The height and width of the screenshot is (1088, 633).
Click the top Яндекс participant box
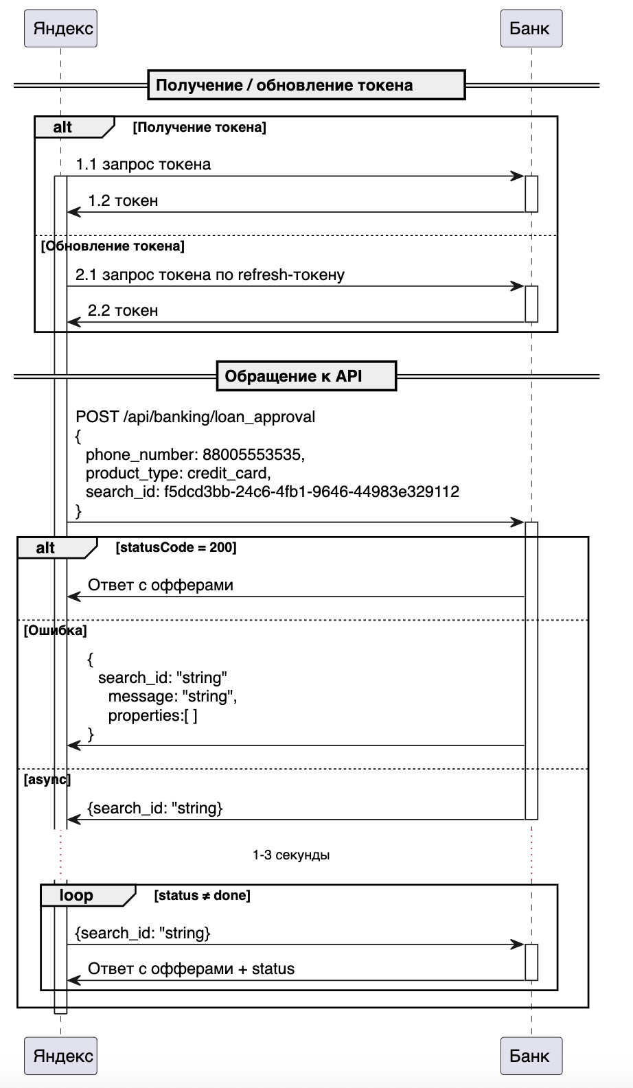click(x=60, y=28)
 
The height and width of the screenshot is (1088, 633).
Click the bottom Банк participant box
click(x=531, y=1055)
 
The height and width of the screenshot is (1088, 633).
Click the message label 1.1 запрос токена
click(x=143, y=165)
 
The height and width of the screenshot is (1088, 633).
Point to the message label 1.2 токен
click(x=123, y=200)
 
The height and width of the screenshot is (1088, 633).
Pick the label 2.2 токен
click(x=123, y=310)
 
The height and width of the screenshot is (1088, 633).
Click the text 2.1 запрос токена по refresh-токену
click(x=209, y=275)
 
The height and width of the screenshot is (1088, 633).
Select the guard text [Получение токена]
click(x=199, y=127)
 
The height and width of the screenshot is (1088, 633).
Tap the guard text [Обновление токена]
click(x=113, y=246)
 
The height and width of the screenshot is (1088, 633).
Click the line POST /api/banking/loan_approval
click(x=196, y=417)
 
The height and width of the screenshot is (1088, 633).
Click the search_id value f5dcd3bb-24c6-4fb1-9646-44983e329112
click(x=312, y=491)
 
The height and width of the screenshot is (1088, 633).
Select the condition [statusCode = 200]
click(x=176, y=547)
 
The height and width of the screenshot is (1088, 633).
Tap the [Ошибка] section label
click(x=55, y=630)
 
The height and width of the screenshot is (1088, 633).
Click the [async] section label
click(x=47, y=779)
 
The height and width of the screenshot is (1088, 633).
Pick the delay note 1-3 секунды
click(x=291, y=855)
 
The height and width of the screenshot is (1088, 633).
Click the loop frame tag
click(x=76, y=895)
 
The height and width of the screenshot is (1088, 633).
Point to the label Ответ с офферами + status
click(x=191, y=969)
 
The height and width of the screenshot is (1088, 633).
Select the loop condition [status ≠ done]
click(x=202, y=895)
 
